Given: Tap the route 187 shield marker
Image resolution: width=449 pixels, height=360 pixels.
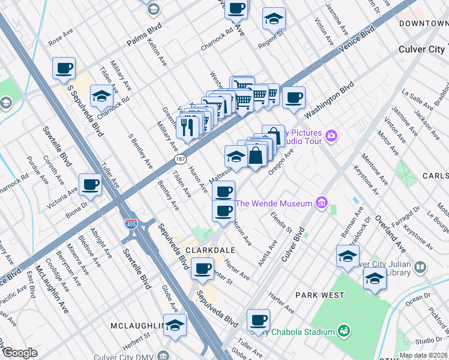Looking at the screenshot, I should tap(179, 160).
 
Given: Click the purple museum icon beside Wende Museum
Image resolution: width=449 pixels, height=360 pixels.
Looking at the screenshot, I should tap(322, 203).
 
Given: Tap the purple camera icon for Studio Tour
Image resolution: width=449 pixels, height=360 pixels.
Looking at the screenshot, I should tap(331, 136).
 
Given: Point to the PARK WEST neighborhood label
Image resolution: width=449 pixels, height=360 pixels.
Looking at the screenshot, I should tap(320, 295).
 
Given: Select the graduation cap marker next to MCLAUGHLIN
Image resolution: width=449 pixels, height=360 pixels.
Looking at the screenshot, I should tap(175, 325).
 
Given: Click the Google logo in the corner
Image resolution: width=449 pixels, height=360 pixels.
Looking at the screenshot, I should tap(19, 353).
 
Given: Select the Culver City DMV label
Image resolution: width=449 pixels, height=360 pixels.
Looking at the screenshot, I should tap(123, 356).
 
